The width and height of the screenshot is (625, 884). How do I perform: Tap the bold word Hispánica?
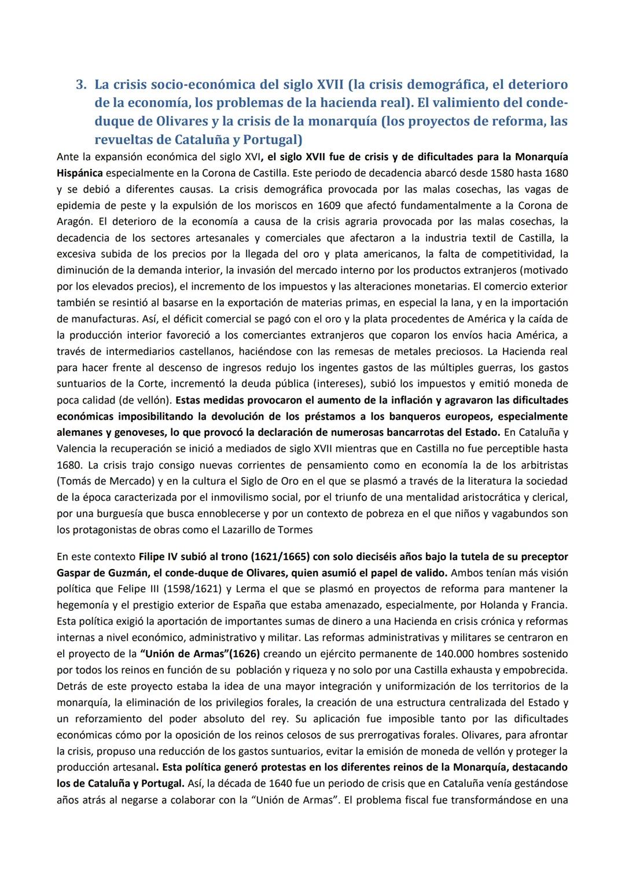[x=80, y=173]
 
